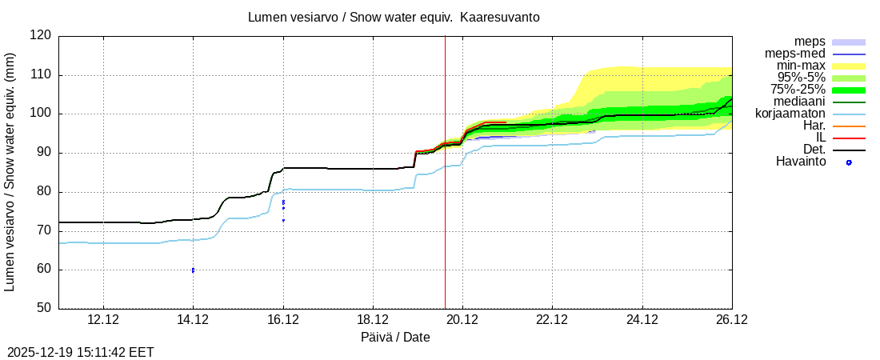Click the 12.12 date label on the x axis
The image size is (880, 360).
(103, 320)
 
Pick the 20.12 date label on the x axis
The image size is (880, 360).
(462, 320)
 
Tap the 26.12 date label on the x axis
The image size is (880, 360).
(732, 320)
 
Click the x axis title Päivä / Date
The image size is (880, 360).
(395, 338)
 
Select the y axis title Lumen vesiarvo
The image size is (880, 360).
(10, 171)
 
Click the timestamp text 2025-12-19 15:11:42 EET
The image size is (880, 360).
(81, 352)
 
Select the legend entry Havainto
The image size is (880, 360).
(800, 162)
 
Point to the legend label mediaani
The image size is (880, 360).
(799, 102)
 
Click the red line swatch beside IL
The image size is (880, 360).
(849, 138)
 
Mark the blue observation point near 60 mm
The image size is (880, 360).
(193, 270)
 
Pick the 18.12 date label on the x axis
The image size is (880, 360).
(373, 320)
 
